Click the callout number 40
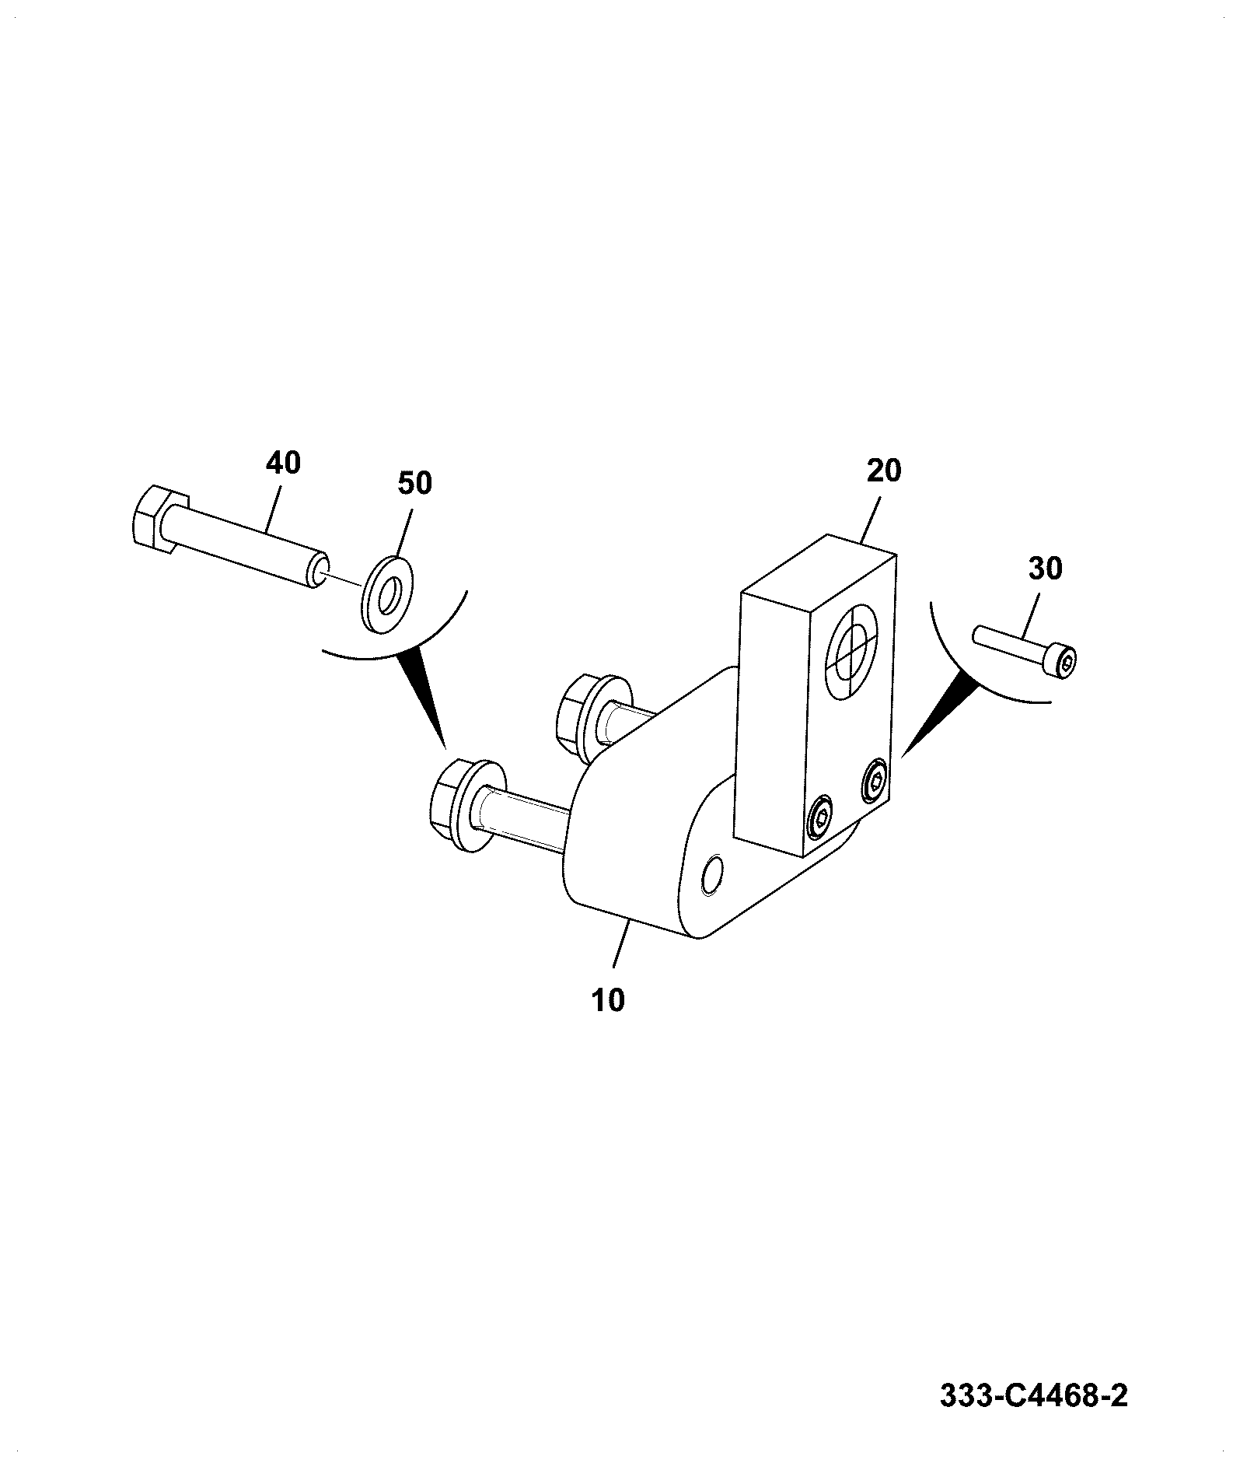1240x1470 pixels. (283, 463)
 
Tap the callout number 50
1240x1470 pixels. (414, 483)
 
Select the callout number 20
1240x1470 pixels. (884, 471)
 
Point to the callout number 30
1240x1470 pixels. (1045, 569)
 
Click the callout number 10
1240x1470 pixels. (608, 1001)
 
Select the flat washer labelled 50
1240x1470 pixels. (388, 583)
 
